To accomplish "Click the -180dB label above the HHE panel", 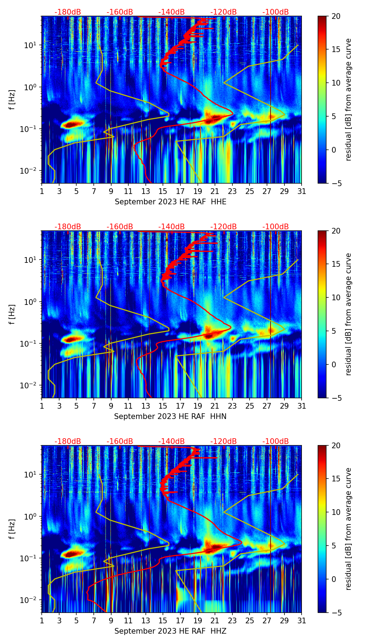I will pos(68,12).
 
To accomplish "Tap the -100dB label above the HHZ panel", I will pos(276,441).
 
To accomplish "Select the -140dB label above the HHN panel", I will pos(171,227).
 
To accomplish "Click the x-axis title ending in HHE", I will pos(170,202).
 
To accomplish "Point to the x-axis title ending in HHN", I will pos(170,416).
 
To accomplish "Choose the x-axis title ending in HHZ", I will pos(170,631).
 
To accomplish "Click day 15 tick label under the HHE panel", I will pos(163,191).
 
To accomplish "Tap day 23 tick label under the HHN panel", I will pos(232,406).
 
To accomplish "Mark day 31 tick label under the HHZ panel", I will pos(302,621).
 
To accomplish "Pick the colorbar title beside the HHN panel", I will pos(349,314).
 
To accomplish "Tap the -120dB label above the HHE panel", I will pos(224,12).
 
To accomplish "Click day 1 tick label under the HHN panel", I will pos(42,406).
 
